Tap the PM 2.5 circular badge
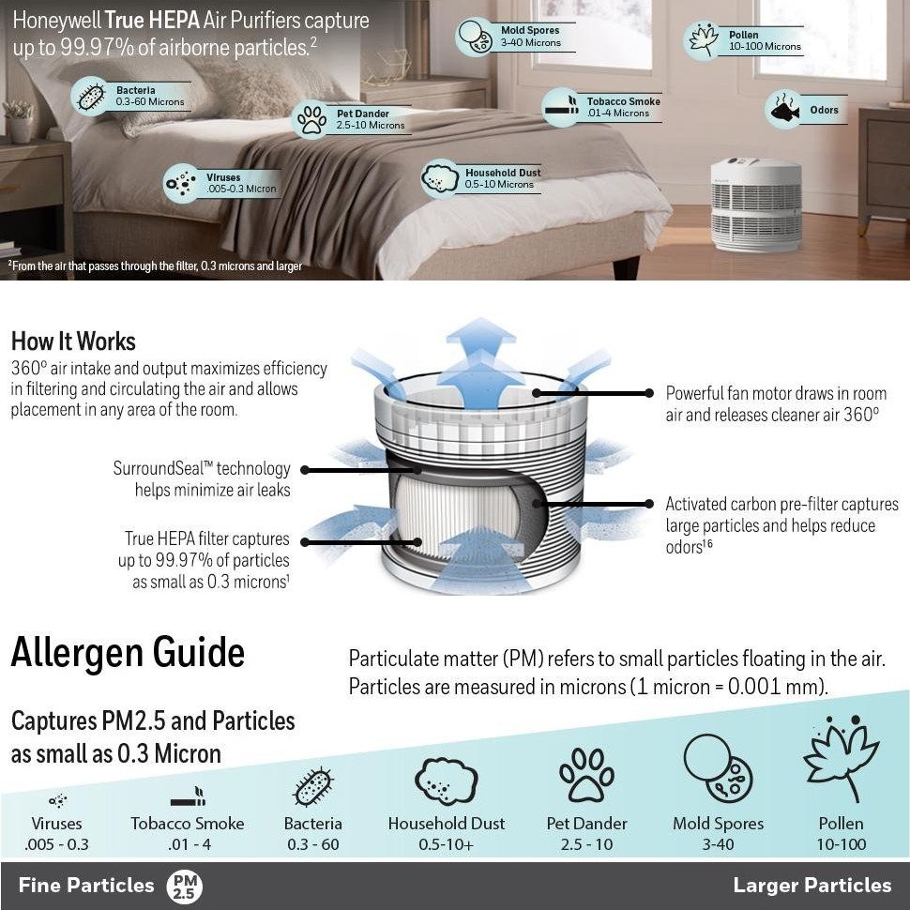[x=184, y=886]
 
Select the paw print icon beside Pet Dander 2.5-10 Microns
[x=311, y=120]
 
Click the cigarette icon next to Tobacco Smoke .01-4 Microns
[x=561, y=108]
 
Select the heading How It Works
[x=73, y=341]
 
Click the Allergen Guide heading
[x=128, y=653]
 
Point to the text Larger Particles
[x=811, y=886]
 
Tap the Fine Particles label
[x=85, y=886]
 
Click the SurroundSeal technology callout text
[x=202, y=478]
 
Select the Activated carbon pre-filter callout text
[x=781, y=525]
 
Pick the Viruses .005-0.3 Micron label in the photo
[x=239, y=183]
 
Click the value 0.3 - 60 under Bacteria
[x=312, y=844]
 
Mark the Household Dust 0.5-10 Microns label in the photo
[x=502, y=178]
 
